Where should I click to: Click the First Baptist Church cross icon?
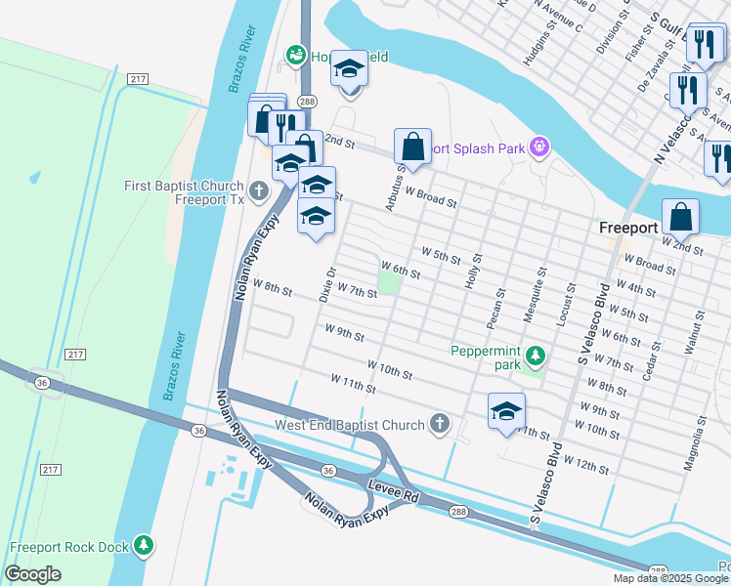(x=259, y=190)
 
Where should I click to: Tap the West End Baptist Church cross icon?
(x=440, y=424)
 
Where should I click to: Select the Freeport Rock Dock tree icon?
(x=144, y=546)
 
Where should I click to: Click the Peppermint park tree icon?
(x=535, y=353)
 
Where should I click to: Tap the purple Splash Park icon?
(x=538, y=148)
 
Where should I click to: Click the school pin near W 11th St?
(x=506, y=413)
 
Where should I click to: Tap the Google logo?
(x=33, y=574)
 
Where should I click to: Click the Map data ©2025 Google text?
(x=670, y=578)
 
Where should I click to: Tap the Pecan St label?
(x=499, y=307)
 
